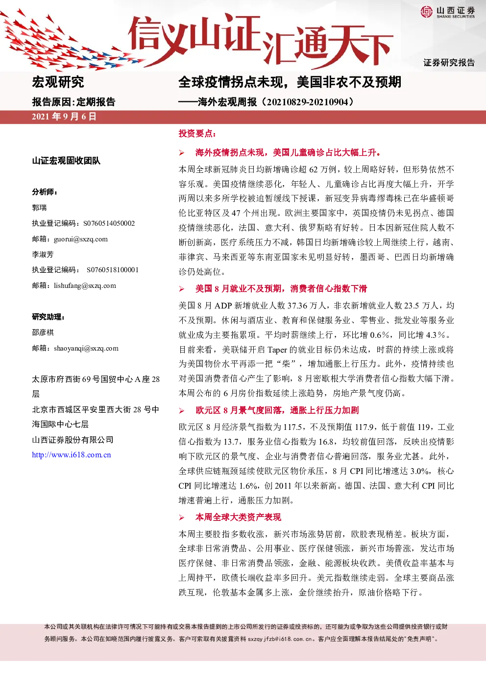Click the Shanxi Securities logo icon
[427, 12]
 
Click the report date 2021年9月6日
[64, 117]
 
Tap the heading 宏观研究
[58, 82]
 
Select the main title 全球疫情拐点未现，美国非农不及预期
[290, 82]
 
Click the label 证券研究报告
[449, 63]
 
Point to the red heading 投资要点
[197, 134]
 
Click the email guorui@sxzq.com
[81, 239]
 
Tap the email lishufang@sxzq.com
[85, 286]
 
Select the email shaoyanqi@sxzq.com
[86, 349]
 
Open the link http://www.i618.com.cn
[72, 455]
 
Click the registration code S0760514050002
[109, 223]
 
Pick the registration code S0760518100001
[113, 270]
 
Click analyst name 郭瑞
[39, 208]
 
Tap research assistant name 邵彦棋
[43, 332]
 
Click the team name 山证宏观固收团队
[66, 161]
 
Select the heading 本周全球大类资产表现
[239, 518]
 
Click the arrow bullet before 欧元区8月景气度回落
[182, 411]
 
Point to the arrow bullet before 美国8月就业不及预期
[182, 289]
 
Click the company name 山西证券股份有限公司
[73, 440]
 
